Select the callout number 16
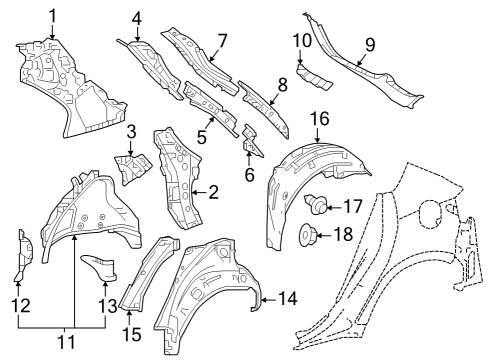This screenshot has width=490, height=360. pos(318,118)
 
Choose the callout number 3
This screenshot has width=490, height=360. pos(130,133)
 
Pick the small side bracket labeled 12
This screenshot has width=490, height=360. pos(20,254)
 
